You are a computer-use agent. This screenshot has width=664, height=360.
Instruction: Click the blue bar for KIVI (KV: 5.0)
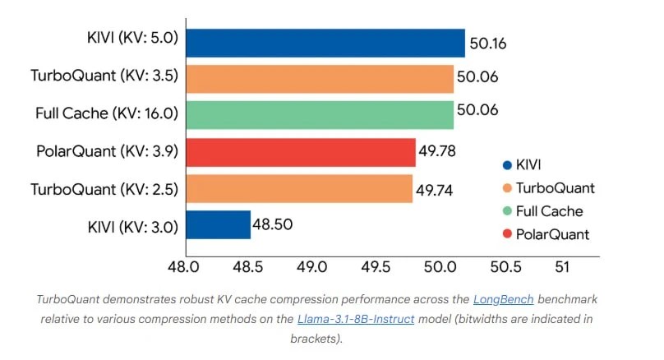[x=325, y=43]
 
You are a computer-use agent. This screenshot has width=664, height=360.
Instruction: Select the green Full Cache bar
[x=320, y=115]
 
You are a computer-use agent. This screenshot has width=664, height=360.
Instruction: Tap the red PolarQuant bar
[x=301, y=152]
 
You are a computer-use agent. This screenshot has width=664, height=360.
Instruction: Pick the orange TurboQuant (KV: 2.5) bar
[x=299, y=188]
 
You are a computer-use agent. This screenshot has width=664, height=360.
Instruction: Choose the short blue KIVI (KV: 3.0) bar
[x=219, y=224]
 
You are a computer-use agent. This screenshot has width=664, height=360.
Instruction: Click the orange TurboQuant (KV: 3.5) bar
[x=320, y=79]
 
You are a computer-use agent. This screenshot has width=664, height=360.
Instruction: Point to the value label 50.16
[x=488, y=44]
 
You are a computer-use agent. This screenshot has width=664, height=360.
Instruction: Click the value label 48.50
[x=272, y=224]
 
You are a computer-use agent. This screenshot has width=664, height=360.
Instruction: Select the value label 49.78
[x=437, y=151]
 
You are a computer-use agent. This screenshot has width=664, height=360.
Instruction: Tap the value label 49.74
[x=434, y=191]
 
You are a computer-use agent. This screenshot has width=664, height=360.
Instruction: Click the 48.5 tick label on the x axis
[x=247, y=267]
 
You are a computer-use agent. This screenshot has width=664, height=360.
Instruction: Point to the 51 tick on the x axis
[x=562, y=267]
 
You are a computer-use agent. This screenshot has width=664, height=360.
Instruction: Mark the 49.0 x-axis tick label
[x=311, y=267]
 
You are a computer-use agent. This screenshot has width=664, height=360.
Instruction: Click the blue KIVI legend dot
[x=507, y=165]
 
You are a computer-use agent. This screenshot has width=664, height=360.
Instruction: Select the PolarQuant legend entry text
[x=552, y=234]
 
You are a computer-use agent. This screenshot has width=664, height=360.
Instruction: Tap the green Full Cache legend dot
[x=507, y=210]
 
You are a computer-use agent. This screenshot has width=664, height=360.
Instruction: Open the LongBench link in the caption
[x=503, y=299]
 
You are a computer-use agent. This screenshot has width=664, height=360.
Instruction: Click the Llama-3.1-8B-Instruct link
[x=356, y=319]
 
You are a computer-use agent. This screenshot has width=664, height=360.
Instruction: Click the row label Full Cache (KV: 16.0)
[x=107, y=113]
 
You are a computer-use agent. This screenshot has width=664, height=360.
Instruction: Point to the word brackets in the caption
[x=315, y=339]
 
